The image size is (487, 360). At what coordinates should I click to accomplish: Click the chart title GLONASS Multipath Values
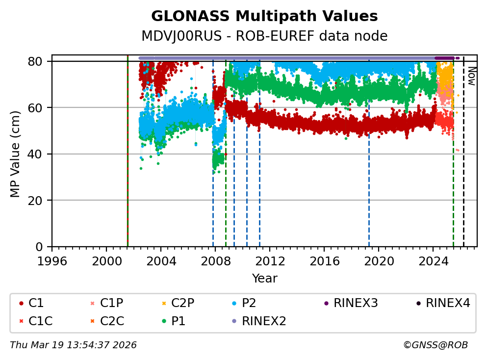pos(264,16)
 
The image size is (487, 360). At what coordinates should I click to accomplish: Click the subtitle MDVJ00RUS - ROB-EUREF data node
pos(264,36)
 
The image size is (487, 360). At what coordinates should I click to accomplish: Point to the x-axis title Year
pos(264,279)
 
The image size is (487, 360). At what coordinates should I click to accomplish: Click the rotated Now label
pos(471,76)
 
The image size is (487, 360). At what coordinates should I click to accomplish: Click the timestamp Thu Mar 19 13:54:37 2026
pos(73,345)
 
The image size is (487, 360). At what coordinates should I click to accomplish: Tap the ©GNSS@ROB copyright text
pos(436,345)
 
